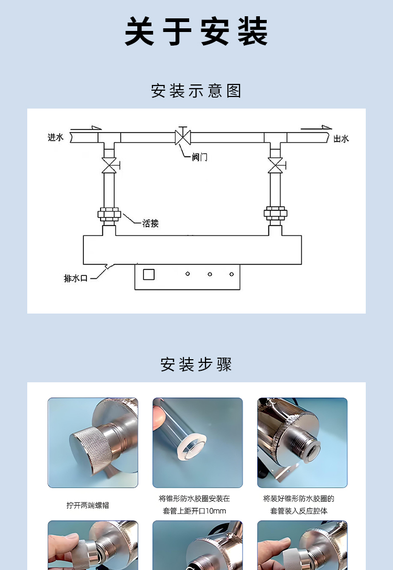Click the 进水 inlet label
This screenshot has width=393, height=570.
tap(56, 137)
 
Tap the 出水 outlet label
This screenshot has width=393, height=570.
tap(341, 138)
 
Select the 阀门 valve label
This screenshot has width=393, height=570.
tap(200, 157)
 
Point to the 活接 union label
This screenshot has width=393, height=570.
tap(150, 223)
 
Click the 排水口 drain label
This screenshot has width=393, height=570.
tap(75, 278)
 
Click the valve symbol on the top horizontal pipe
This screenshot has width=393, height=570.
tap(183, 136)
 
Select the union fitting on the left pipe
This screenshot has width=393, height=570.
tap(109, 214)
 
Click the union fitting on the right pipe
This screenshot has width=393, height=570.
tap(275, 213)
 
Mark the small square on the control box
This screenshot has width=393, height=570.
tap(149, 274)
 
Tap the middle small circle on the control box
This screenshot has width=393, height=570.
tap(210, 274)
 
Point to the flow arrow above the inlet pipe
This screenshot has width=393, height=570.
tap(86, 128)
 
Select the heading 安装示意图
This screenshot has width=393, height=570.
tap(196, 91)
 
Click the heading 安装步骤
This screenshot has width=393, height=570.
tap(196, 364)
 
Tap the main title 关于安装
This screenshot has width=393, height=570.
tap(196, 31)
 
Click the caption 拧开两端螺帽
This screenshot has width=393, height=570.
tap(88, 506)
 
